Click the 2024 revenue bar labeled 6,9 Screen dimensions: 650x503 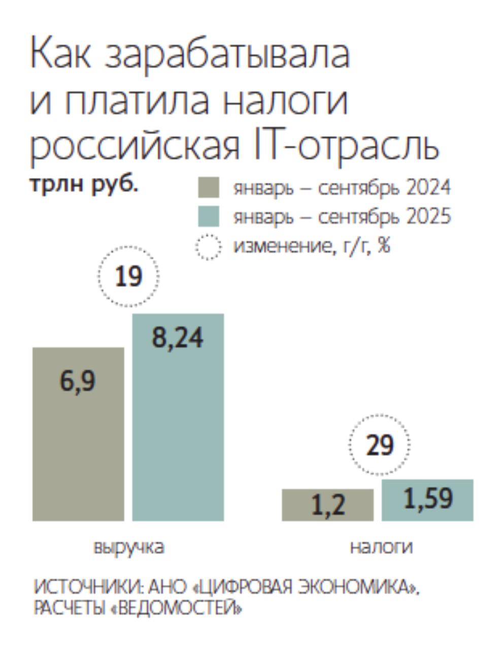point(78,434)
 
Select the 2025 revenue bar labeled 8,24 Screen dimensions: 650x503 point(178,417)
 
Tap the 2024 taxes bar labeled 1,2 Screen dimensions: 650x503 point(327,505)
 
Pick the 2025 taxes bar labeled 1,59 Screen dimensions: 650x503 point(427,500)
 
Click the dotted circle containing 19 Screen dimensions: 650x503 point(128,276)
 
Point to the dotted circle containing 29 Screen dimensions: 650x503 point(379,445)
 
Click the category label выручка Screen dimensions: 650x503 point(129,547)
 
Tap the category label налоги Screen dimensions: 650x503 point(381,547)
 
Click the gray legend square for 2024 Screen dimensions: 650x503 point(208,187)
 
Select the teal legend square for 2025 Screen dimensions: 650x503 point(208,216)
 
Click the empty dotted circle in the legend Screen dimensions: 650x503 point(208,247)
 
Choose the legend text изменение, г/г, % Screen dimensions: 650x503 point(312,247)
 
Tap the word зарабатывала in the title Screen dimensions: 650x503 point(227,55)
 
